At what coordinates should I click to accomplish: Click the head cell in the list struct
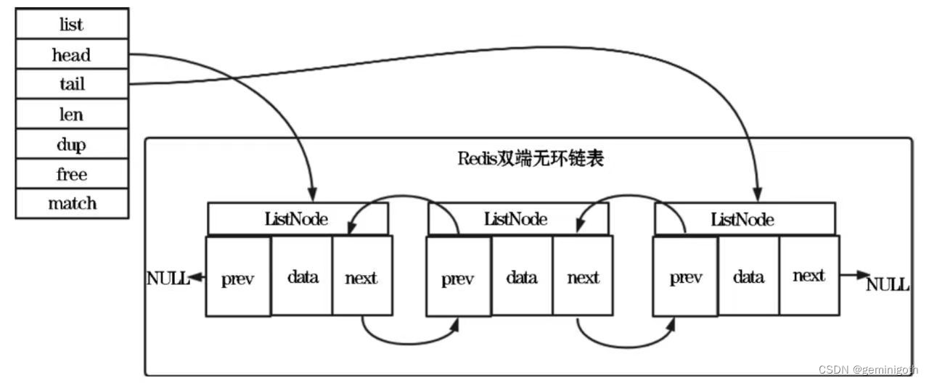72,54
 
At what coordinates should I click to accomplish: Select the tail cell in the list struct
72,84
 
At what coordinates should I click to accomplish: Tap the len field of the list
72,115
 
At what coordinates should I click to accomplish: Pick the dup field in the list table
72,144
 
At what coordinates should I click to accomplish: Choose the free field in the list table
72,174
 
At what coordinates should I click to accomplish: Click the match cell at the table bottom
72,203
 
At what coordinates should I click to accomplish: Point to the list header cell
72,25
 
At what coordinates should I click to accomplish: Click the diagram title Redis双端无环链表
531,159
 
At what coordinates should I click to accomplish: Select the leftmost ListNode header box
298,218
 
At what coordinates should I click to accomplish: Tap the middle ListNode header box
517,218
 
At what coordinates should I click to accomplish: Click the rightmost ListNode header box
744,218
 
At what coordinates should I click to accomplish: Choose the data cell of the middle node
521,277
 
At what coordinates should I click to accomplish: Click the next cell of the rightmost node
809,276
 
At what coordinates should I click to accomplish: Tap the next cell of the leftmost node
361,277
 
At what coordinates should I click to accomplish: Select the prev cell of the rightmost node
685,278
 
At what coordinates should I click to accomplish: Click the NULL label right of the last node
888,284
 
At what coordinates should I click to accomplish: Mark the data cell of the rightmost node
748,276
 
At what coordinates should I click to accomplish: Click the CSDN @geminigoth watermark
868,370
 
